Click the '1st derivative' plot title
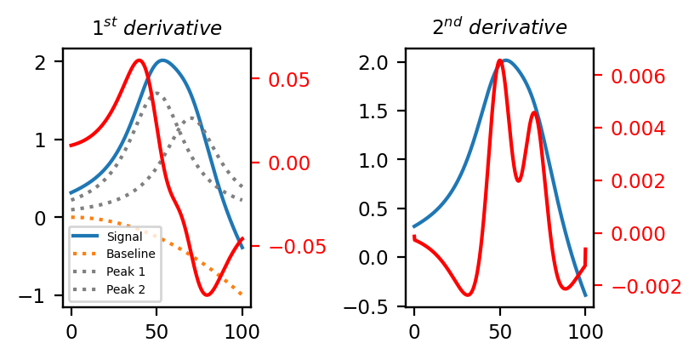click(157, 28)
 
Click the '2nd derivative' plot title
click(499, 27)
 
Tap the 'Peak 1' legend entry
click(124, 271)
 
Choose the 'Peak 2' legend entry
click(124, 289)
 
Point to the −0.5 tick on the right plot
click(378, 306)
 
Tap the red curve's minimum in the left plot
click(207, 294)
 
